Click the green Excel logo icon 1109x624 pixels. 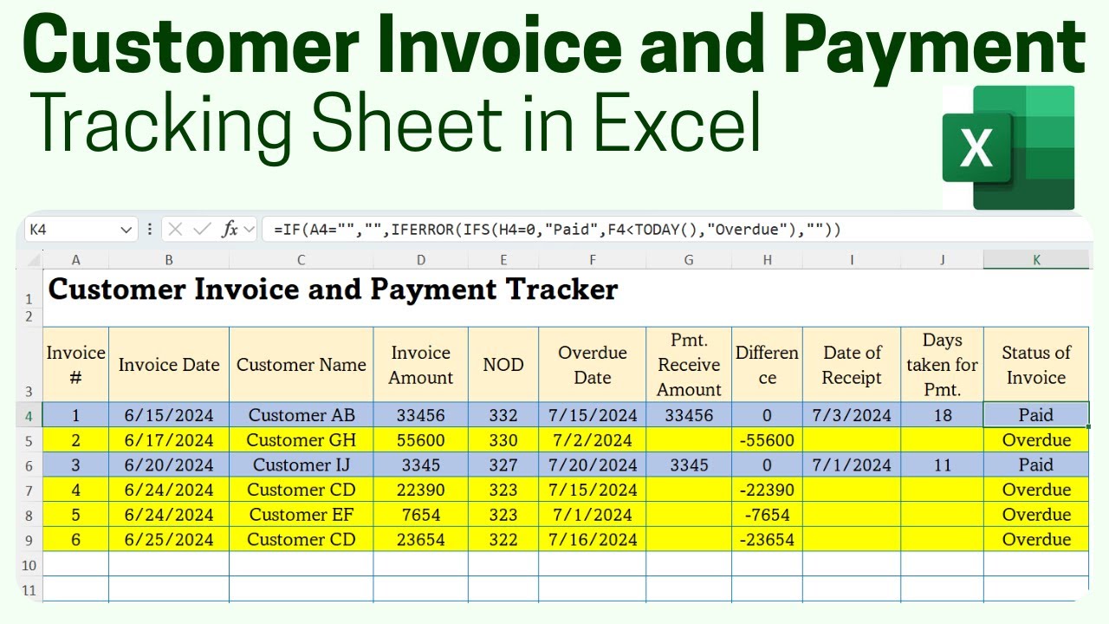[x=1008, y=147]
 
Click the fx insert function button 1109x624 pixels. [x=230, y=230]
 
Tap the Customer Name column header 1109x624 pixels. [x=302, y=365]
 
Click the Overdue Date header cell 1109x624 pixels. [x=592, y=365]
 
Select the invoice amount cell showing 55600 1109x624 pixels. [x=420, y=440]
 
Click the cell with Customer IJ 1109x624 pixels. [x=302, y=465]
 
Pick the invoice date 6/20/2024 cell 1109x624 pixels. [x=169, y=465]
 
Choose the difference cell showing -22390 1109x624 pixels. [x=767, y=490]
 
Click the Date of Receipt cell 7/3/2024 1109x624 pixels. [x=852, y=415]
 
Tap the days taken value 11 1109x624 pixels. [x=942, y=465]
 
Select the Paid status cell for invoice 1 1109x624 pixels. [x=1036, y=415]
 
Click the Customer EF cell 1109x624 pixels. [x=302, y=515]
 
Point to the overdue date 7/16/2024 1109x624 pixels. [x=592, y=540]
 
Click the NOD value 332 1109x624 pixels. [x=503, y=415]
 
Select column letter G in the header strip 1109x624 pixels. [x=689, y=260]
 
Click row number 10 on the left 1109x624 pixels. [x=29, y=565]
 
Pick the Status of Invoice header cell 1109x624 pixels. [x=1036, y=365]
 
